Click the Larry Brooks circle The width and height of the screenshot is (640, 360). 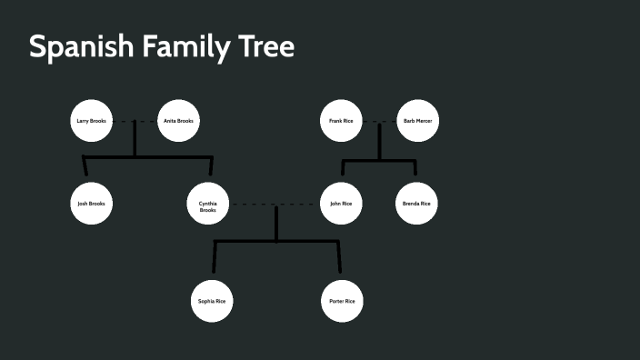click(92, 121)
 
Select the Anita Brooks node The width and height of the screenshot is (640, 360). click(178, 121)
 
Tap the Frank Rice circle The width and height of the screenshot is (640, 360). click(342, 121)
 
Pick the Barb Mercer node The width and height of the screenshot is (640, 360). click(417, 121)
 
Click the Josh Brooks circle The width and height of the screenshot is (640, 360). click(92, 204)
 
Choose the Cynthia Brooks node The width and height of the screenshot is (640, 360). click(207, 205)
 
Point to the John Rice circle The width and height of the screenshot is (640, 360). click(342, 204)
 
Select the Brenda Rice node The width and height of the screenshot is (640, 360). click(416, 204)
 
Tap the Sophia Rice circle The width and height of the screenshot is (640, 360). click(212, 301)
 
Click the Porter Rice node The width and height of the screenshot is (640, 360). click(342, 301)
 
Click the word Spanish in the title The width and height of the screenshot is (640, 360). click(81, 47)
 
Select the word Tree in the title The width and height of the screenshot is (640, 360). click(269, 47)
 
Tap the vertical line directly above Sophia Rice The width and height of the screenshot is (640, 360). click(215, 257)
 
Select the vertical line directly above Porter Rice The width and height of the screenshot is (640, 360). click(339, 257)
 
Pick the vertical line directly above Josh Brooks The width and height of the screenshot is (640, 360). click(85, 166)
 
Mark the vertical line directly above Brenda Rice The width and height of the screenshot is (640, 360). click(415, 167)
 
